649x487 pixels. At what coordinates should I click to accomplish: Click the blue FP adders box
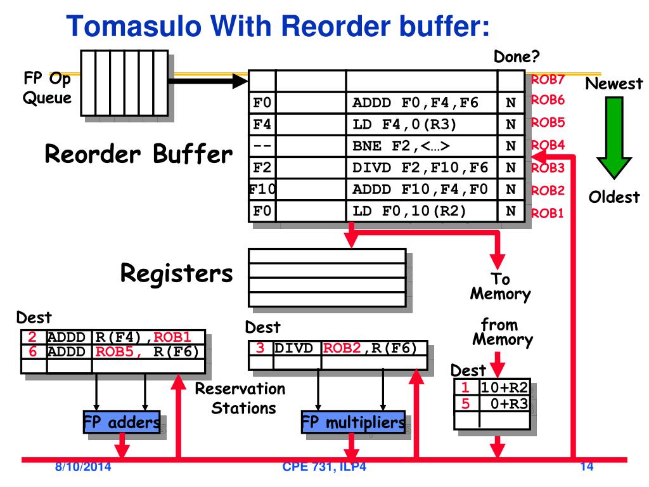tap(122, 422)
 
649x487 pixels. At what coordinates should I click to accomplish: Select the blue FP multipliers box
tap(353, 422)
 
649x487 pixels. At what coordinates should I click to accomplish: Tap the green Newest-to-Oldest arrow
tap(614, 138)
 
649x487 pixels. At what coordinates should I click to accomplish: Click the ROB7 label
tap(548, 79)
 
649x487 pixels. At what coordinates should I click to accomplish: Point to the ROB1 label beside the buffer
tap(548, 213)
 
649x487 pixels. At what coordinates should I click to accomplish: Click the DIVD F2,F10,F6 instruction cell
tap(421, 167)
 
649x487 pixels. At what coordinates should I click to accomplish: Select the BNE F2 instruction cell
tap(421, 146)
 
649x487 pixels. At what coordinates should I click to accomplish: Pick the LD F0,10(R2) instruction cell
tap(421, 211)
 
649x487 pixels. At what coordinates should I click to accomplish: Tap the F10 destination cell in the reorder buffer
tap(262, 189)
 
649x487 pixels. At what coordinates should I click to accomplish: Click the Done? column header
tap(517, 56)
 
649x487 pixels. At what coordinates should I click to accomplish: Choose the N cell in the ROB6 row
tap(511, 103)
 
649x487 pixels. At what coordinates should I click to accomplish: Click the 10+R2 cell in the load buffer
tap(504, 387)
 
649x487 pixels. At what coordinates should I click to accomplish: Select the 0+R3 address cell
tap(504, 403)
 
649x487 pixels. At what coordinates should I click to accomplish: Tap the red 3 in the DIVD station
tap(260, 348)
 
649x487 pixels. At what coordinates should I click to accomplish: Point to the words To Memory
tap(501, 286)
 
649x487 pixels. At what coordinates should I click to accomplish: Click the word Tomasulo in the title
tap(134, 26)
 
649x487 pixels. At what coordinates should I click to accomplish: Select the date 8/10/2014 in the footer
tap(83, 467)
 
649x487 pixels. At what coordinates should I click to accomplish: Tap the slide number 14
tap(587, 467)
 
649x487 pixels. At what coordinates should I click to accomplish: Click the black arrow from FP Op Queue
tap(208, 81)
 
